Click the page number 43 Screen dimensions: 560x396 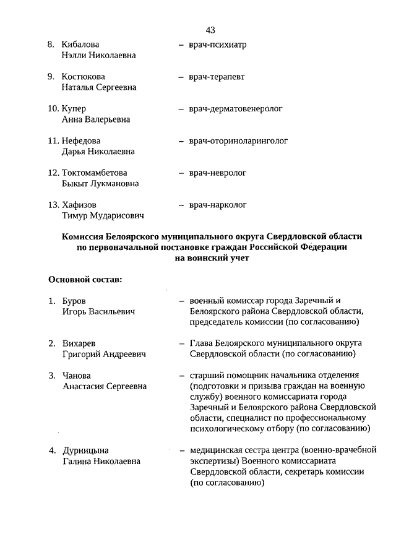click(x=210, y=30)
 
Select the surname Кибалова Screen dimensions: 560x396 click(x=80, y=45)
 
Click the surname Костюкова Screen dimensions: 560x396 click(x=83, y=77)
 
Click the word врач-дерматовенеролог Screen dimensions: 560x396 click(x=236, y=109)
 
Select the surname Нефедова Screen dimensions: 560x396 click(x=81, y=140)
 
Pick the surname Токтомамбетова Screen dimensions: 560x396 click(x=95, y=173)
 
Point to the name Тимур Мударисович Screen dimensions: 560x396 click(x=103, y=215)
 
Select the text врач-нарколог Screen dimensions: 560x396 click(x=218, y=205)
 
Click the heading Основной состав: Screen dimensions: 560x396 click(x=85, y=280)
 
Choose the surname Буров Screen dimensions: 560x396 click(x=74, y=301)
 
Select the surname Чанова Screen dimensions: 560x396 click(x=76, y=376)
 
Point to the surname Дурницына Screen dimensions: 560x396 click(x=85, y=450)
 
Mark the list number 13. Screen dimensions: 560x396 click(x=53, y=205)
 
